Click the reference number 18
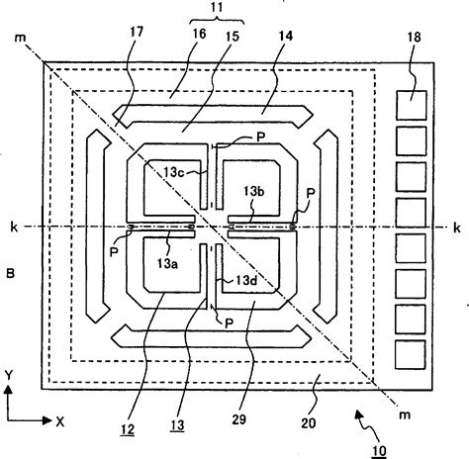409,39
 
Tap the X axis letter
60,420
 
